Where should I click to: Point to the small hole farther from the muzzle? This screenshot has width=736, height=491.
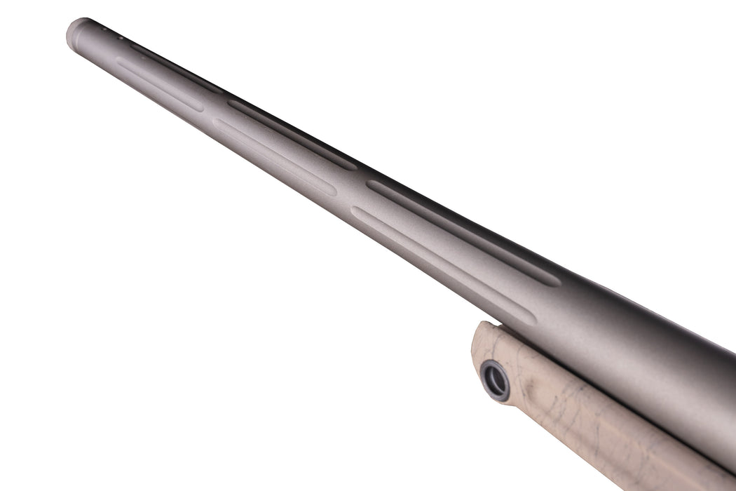(x=121, y=37)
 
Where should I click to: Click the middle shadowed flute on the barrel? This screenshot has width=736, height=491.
(x=291, y=133)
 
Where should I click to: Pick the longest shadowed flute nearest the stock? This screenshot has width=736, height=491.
(x=463, y=232)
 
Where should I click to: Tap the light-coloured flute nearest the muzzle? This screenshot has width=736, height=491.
(x=160, y=85)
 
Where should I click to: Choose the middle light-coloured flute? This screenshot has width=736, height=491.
(x=273, y=155)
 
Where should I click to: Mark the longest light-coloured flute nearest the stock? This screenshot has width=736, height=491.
(x=442, y=264)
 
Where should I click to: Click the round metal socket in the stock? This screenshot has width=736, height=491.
(x=496, y=381)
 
